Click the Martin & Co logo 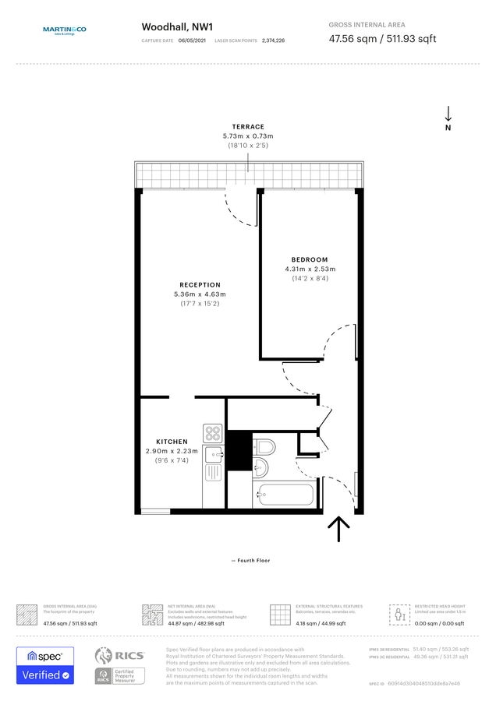click(x=64, y=30)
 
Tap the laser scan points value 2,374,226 click(x=273, y=40)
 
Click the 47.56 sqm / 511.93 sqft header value click(x=382, y=38)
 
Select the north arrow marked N click(x=448, y=118)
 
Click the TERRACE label click(x=248, y=126)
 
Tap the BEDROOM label click(x=310, y=259)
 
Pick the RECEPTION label click(x=200, y=285)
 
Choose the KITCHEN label click(x=172, y=442)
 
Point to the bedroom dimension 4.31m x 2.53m click(x=310, y=269)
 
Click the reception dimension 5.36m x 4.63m click(x=200, y=294)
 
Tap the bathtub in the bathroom click(x=284, y=495)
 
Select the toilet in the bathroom click(x=264, y=447)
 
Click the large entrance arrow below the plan click(x=339, y=529)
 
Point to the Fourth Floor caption click(x=250, y=560)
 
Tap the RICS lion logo click(x=108, y=655)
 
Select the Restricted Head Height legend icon click(x=400, y=615)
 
